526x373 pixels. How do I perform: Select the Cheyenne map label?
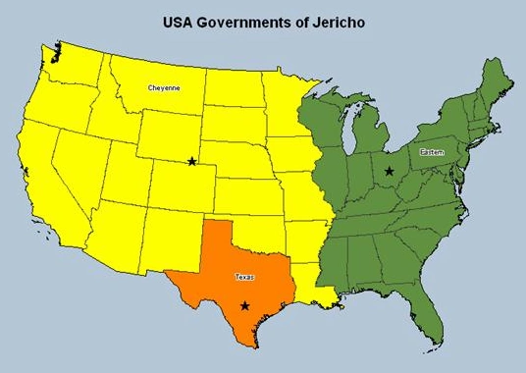163,88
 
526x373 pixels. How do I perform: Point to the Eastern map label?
432,152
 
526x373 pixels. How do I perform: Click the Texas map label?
244,278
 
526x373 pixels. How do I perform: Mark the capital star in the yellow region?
191,161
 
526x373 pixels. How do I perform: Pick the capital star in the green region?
390,171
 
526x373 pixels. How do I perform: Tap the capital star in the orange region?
244,306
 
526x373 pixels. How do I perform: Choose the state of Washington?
74,61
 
